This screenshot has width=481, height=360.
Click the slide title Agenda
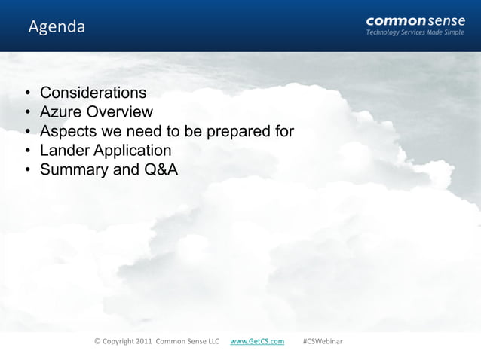click(x=57, y=28)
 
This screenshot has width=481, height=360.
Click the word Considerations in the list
click(x=93, y=93)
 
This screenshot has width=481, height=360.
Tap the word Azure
click(x=62, y=113)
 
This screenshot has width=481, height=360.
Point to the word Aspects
click(x=69, y=132)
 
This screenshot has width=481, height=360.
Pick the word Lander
click(x=65, y=151)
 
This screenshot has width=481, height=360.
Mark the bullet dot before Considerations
click(x=26, y=94)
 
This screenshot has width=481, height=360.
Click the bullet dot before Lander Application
click(x=26, y=151)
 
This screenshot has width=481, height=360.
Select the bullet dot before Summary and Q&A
click(x=26, y=170)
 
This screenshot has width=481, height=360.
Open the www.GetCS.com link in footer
click(x=256, y=341)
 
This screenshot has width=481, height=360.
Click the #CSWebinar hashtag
click(x=322, y=341)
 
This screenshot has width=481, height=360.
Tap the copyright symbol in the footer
click(x=97, y=341)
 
